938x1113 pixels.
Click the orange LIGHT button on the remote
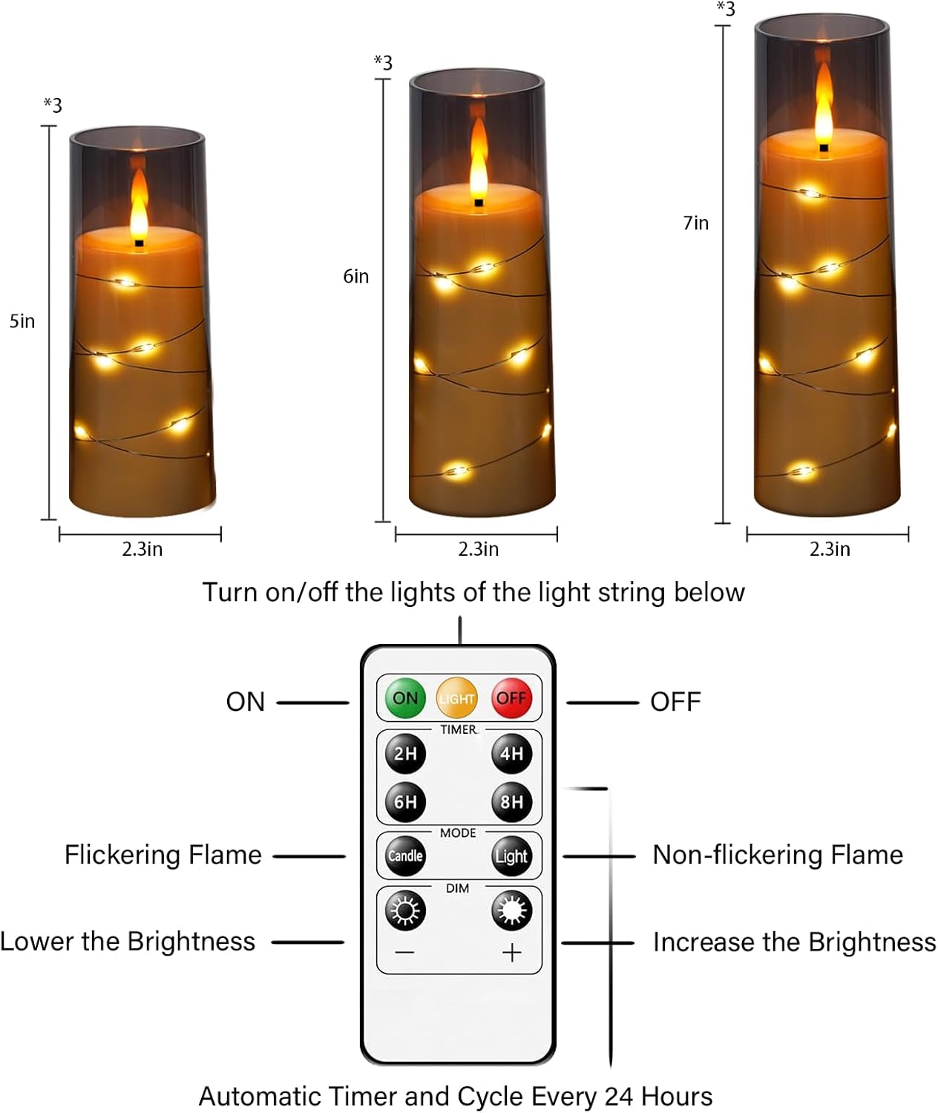pos(456,698)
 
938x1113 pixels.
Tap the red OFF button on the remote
pos(511,698)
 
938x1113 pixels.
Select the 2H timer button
pos(405,754)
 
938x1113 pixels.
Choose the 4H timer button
pos(511,754)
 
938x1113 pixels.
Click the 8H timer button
pos(511,802)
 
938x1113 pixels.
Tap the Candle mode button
pos(405,856)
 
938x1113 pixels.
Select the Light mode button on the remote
pos(511,856)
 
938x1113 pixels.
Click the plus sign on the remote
pos(511,953)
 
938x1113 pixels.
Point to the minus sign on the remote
pos(405,953)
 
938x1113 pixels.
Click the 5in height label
pos(22,321)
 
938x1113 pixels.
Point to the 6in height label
pos(356,277)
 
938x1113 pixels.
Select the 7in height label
pos(696,223)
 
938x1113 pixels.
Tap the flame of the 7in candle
pos(824,104)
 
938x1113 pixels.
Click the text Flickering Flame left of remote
pos(163,855)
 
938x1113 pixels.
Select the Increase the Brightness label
pos(794,942)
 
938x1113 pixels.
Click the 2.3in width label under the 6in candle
pos(478,549)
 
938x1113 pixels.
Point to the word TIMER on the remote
pos(459,729)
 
